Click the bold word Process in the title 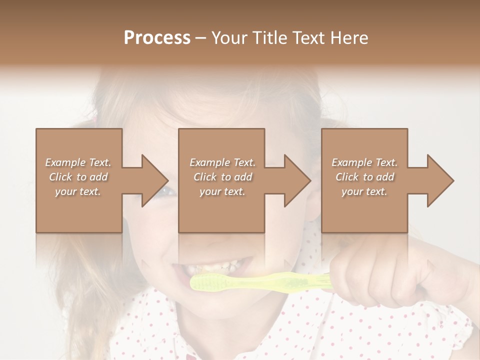click(157, 37)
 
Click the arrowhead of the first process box click(155, 180)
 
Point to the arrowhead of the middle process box click(298, 180)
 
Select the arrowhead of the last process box click(440, 180)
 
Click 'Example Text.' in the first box click(78, 162)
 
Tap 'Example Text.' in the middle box click(222, 162)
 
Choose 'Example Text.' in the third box click(364, 162)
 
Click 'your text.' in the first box click(78, 191)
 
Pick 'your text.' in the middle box click(222, 191)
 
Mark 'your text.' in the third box click(364, 191)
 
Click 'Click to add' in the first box click(78, 177)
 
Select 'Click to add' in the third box click(364, 177)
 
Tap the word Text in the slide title click(309, 37)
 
